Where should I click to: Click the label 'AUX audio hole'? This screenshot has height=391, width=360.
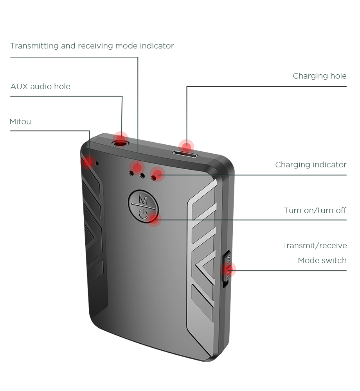tap(40, 86)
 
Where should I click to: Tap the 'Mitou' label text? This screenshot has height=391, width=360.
tap(20, 122)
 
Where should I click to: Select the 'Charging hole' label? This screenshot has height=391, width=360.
tap(320, 76)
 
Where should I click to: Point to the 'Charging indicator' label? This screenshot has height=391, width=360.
tap(311, 165)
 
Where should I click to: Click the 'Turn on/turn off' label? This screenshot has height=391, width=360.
tap(315, 210)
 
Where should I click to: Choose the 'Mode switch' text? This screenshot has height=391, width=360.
tap(322, 260)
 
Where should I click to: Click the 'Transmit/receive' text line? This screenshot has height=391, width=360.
tap(314, 246)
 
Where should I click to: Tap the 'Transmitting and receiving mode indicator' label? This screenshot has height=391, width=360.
tap(92, 46)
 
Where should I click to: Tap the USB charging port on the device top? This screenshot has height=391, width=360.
tap(185, 155)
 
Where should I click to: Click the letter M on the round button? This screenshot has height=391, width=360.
tap(143, 199)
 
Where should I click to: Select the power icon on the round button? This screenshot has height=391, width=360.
tap(143, 214)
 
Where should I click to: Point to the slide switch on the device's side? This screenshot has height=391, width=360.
tap(227, 269)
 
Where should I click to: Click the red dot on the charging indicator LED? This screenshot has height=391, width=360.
tap(157, 174)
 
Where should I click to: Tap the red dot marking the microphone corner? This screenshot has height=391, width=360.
tap(88, 162)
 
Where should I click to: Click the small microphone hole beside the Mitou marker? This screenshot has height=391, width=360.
tap(97, 163)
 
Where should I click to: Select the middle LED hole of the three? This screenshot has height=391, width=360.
tap(142, 176)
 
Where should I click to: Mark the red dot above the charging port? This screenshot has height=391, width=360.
tap(186, 147)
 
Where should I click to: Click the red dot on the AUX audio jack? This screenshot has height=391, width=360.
tap(121, 138)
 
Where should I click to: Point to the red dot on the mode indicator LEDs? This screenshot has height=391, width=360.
tap(137, 167)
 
